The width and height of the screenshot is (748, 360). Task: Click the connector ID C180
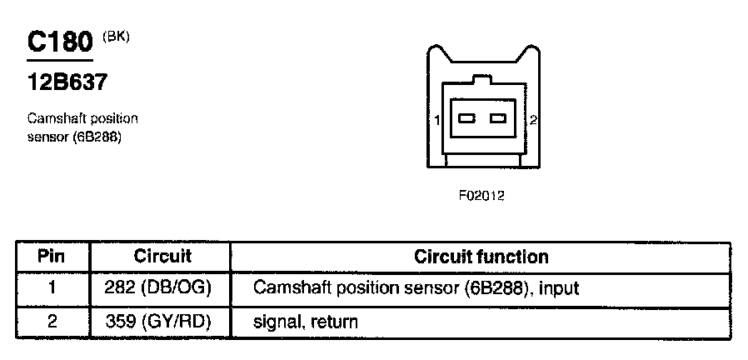click(x=60, y=42)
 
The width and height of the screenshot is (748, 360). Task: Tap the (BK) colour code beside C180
click(x=116, y=37)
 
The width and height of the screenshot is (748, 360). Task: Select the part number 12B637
click(x=67, y=82)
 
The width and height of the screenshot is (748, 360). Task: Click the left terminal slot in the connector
click(x=466, y=118)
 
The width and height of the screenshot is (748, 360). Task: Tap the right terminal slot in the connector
click(x=498, y=118)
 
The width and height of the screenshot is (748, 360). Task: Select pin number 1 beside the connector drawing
click(x=436, y=121)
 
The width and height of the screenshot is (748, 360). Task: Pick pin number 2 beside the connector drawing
click(x=533, y=121)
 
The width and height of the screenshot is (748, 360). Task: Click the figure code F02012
click(x=481, y=195)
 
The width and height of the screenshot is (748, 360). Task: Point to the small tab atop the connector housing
click(x=482, y=80)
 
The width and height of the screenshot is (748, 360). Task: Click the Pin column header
click(x=52, y=257)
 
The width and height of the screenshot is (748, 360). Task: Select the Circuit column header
click(x=162, y=257)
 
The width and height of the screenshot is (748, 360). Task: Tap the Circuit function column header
click(x=481, y=257)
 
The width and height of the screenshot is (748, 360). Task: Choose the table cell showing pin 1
click(x=52, y=289)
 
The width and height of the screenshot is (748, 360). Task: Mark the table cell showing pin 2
click(x=52, y=322)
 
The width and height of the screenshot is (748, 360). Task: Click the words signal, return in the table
click(x=306, y=322)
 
